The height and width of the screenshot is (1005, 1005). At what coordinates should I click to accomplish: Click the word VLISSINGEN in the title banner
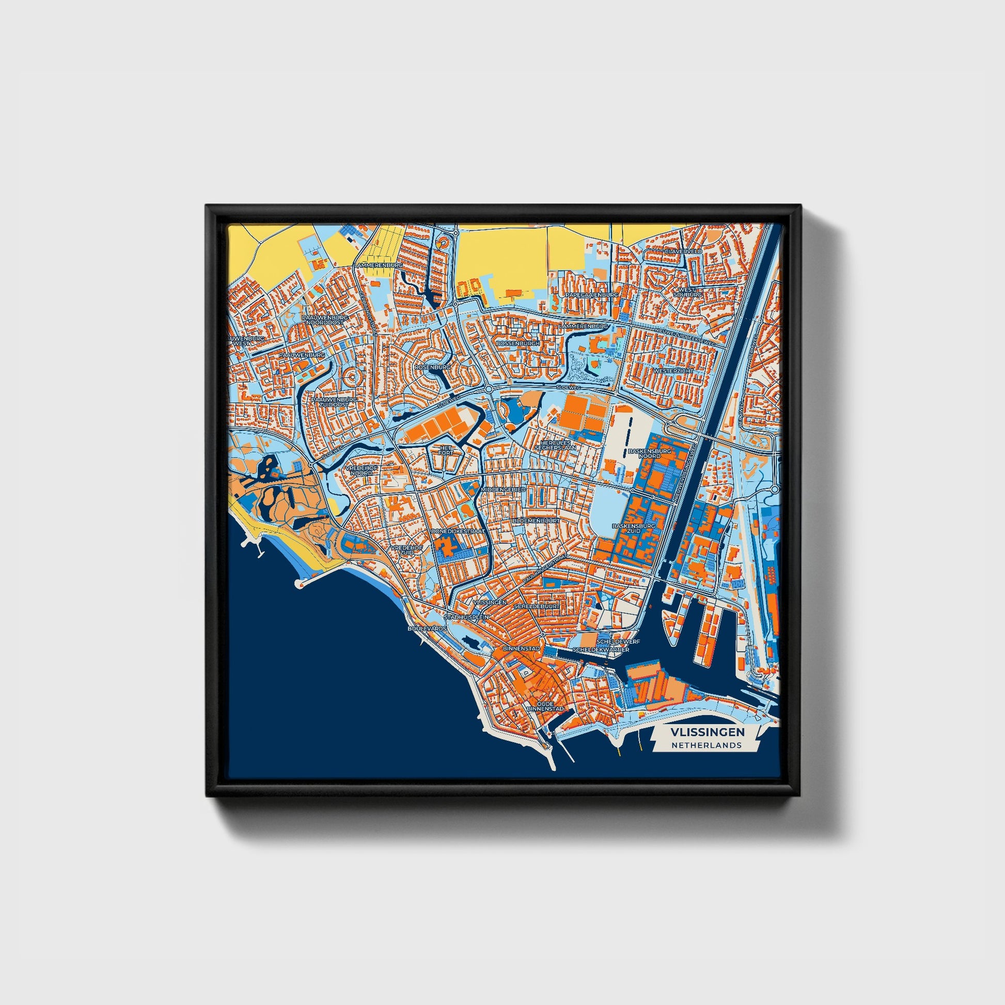707,732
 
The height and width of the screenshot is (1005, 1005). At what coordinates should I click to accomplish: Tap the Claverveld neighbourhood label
683,251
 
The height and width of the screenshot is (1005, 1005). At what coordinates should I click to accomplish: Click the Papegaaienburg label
592,294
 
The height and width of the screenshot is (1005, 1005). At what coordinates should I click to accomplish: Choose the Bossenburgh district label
518,344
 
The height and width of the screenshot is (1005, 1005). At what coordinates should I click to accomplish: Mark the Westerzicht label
672,371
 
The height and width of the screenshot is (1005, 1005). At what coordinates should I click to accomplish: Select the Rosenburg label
432,367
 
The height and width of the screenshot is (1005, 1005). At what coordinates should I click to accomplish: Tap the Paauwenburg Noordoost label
326,319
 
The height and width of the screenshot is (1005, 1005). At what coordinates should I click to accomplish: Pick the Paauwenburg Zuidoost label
335,402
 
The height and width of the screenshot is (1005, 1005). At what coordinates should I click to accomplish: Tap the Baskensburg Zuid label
634,528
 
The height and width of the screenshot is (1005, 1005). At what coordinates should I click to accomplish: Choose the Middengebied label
503,490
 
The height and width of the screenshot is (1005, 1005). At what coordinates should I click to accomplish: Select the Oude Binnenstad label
545,706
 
